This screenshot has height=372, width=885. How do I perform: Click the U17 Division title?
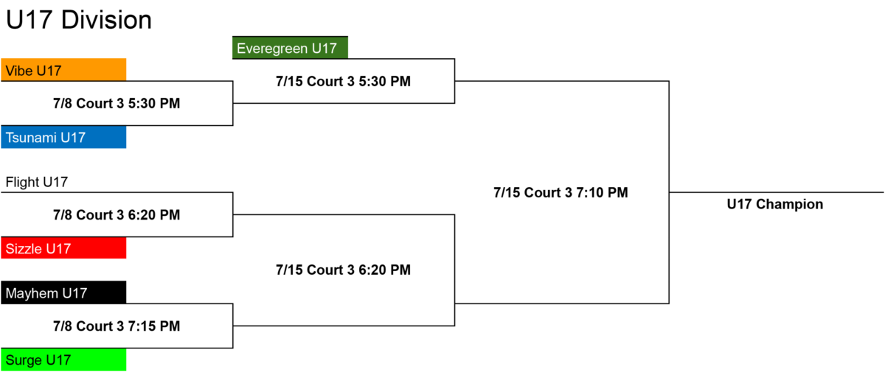pyautogui.click(x=79, y=20)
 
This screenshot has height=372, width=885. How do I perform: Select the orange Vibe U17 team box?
pyautogui.click(x=63, y=70)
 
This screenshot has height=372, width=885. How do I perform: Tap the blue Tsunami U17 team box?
pyautogui.click(x=63, y=137)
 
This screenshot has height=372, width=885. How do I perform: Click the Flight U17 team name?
pyautogui.click(x=37, y=182)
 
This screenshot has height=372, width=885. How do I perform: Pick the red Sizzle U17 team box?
pyautogui.click(x=63, y=248)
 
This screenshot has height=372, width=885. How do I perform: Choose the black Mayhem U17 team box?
pyautogui.click(x=63, y=292)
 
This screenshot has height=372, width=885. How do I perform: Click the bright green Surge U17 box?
pyautogui.click(x=63, y=359)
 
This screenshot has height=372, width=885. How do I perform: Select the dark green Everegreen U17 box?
pyautogui.click(x=290, y=48)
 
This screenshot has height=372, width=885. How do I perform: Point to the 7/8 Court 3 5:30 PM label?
pyautogui.click(x=117, y=103)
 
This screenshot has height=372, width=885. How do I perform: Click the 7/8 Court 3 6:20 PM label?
pyautogui.click(x=117, y=215)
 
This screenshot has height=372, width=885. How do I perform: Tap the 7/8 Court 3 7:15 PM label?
pyautogui.click(x=117, y=326)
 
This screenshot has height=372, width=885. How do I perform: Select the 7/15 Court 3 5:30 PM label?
pyautogui.click(x=344, y=81)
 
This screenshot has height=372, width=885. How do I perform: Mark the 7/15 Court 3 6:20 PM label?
pyautogui.click(x=344, y=270)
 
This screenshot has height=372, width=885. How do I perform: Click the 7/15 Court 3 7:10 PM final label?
pyautogui.click(x=560, y=192)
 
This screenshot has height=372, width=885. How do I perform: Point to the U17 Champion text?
pyautogui.click(x=775, y=204)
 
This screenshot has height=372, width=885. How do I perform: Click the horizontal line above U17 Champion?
pyautogui.click(x=777, y=192)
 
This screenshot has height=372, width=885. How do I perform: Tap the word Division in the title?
pyautogui.click(x=107, y=20)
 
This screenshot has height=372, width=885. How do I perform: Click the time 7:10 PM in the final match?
pyautogui.click(x=602, y=192)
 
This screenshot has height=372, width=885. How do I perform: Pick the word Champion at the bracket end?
pyautogui.click(x=790, y=204)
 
